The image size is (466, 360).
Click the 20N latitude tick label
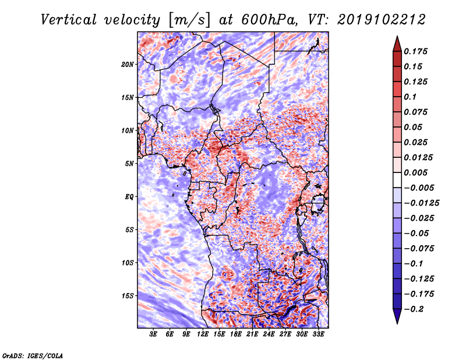pyautogui.click(x=128, y=64)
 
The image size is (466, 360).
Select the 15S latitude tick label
pyautogui.click(x=128, y=295)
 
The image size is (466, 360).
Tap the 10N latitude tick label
pyautogui.click(x=128, y=130)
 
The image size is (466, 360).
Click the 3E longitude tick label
pyautogui.click(x=154, y=335)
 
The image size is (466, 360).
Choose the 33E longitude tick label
pyautogui.click(x=319, y=335)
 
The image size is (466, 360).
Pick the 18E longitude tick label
pyautogui.click(x=236, y=335)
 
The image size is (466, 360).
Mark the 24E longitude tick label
pyautogui.click(x=269, y=335)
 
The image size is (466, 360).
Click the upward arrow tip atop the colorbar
pyautogui.click(x=397, y=38)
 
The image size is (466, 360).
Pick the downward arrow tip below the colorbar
pyautogui.click(x=397, y=322)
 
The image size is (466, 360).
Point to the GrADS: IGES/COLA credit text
pyautogui.click(x=33, y=355)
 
